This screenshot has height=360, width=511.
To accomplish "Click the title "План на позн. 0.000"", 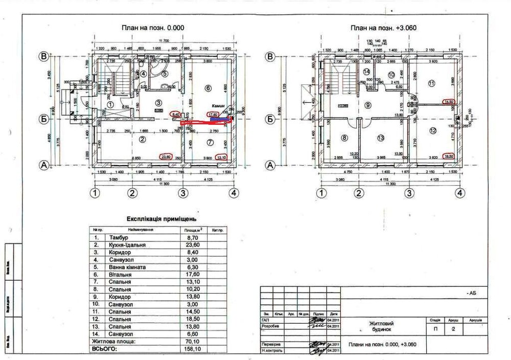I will click(x=152, y=28).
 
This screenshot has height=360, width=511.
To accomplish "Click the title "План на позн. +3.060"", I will click(x=383, y=28).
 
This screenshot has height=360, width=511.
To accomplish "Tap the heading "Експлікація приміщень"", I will click(x=161, y=219).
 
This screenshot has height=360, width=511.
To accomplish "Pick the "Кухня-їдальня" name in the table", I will click(x=127, y=245).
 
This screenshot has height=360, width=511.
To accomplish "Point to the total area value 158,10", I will click(x=193, y=349).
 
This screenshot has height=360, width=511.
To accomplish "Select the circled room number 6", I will click(x=207, y=88).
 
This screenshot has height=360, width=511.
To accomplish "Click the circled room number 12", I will click(x=433, y=131).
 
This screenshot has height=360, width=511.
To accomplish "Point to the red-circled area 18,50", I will click(x=449, y=156).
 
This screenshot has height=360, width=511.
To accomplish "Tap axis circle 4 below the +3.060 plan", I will click(x=460, y=193).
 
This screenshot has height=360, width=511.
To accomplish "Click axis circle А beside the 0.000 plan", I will click(x=44, y=165).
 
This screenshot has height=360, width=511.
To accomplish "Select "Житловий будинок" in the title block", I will click(x=381, y=327).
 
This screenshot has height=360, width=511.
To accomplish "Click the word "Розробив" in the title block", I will click(x=270, y=325).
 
